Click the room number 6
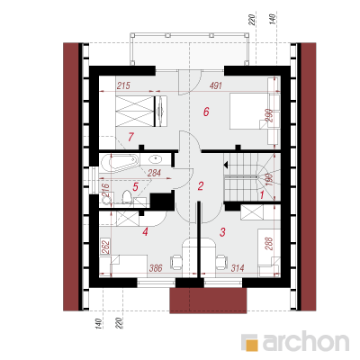pos(206,112)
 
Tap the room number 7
pos(130,137)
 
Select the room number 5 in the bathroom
pos(135,187)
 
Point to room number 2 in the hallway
pos(201,186)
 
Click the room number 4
pos(146,231)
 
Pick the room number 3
pos(222,232)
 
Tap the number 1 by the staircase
pos(261,195)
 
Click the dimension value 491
pos(216,85)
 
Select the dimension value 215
pos(123,85)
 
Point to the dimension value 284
pos(154,173)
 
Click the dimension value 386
pos(156,268)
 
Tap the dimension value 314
pos(238,268)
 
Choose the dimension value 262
pos(104,247)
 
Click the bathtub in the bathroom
pos(120,164)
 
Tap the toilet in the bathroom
pos(128,198)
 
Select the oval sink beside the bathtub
pos(156,158)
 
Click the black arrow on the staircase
pos(226,165)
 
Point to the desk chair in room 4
pos(176,262)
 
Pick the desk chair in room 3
pos(221,262)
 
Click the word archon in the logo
pos(306,341)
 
